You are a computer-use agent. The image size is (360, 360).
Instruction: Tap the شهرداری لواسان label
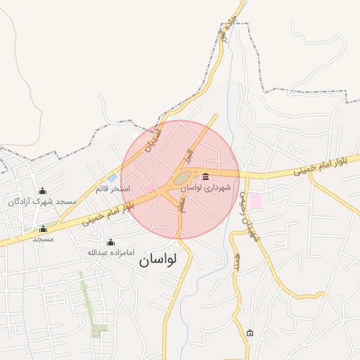pyautogui.click(x=205, y=188)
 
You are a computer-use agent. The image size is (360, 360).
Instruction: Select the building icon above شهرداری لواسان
pyautogui.click(x=205, y=176)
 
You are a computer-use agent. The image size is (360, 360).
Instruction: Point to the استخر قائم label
pyautogui.click(x=113, y=188)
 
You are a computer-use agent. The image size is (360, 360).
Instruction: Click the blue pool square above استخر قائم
pyautogui.click(x=112, y=178)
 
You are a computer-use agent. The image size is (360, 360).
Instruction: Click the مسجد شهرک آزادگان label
pyautogui.click(x=42, y=202)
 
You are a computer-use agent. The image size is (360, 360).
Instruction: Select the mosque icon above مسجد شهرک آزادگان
pyautogui.click(x=42, y=191)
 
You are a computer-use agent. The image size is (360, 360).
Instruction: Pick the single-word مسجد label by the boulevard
pyautogui.click(x=43, y=239)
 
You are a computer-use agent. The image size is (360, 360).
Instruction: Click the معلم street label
pyautogui.click(x=181, y=204)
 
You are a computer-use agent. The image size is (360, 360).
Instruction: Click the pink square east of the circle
pyautogui.click(x=256, y=201)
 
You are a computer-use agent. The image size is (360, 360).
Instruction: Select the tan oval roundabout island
pyautogui.click(x=182, y=179)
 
